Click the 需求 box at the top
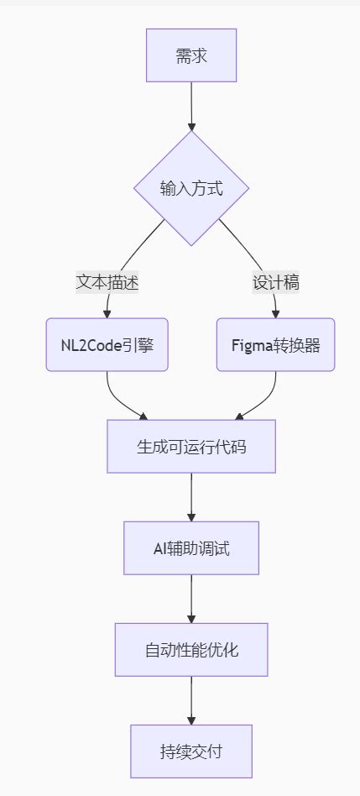(191, 55)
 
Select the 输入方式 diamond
(191, 188)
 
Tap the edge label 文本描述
(107, 283)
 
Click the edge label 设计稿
(276, 283)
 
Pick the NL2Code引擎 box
(107, 344)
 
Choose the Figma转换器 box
(276, 344)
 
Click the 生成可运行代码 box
(191, 447)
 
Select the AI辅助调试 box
(191, 548)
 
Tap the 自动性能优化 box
(191, 650)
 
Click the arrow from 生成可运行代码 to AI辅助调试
(191, 496)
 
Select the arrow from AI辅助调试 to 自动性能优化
(191, 598)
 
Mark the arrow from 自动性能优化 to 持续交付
(191, 699)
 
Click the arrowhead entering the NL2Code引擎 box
(107, 313)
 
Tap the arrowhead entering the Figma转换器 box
(276, 313)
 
